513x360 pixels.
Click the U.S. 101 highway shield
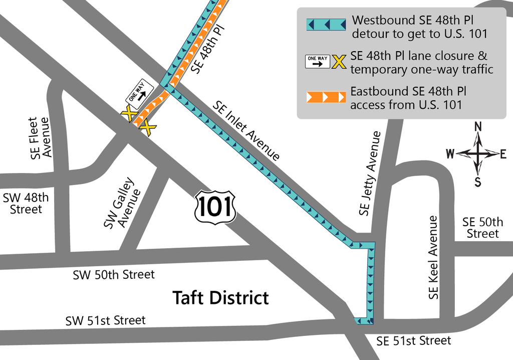click(215, 206)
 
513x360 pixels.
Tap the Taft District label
click(220, 297)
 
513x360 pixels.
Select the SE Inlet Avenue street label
click(246, 131)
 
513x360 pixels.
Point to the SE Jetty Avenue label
click(370, 173)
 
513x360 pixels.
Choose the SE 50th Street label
click(482, 228)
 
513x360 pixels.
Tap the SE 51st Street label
click(414, 341)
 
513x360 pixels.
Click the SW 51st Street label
click(105, 320)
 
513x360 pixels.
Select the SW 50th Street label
click(114, 275)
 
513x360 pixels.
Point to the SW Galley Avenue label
click(120, 203)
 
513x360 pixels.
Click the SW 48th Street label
click(26, 203)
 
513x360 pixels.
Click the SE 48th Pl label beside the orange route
click(208, 48)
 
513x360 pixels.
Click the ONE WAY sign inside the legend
click(318, 62)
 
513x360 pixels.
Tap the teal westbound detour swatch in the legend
click(326, 25)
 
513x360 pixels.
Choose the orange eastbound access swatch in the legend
click(326, 97)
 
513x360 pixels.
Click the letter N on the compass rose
click(478, 127)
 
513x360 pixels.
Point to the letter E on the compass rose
click(503, 154)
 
